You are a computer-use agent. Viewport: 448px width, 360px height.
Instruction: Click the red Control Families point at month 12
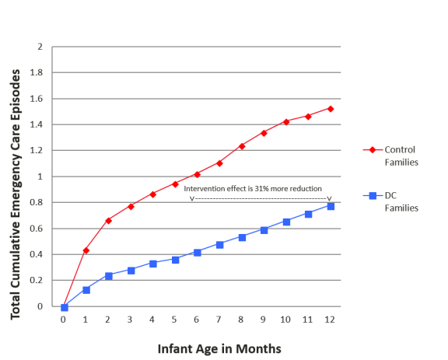pos(330,109)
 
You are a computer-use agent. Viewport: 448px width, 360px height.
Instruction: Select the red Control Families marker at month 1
pos(86,250)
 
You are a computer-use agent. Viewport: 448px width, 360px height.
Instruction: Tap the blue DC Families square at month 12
pos(330,206)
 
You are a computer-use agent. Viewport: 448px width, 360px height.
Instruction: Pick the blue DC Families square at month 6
pos(197,252)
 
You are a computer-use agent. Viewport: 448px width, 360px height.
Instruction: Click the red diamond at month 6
pos(197,173)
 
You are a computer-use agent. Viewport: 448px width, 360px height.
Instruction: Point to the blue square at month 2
pos(108,275)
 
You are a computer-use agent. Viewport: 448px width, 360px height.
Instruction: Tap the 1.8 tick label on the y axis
pos(37,72)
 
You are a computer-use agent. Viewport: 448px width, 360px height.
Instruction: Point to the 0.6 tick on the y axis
pos(37,229)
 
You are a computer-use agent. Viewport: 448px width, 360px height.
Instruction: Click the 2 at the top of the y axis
pos(40,47)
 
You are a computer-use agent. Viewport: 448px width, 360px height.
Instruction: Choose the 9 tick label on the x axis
pos(263,319)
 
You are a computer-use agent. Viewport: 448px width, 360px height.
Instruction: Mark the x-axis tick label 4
pos(152,319)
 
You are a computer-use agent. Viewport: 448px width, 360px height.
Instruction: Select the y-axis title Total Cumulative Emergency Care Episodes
pos(16,177)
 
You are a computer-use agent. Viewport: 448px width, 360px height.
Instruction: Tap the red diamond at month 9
pos(263,133)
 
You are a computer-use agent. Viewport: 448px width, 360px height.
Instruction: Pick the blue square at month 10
pos(285,222)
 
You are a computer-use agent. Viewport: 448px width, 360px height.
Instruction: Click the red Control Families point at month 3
pos(130,206)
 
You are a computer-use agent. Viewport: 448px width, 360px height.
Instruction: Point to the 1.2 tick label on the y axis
pos(37,151)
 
